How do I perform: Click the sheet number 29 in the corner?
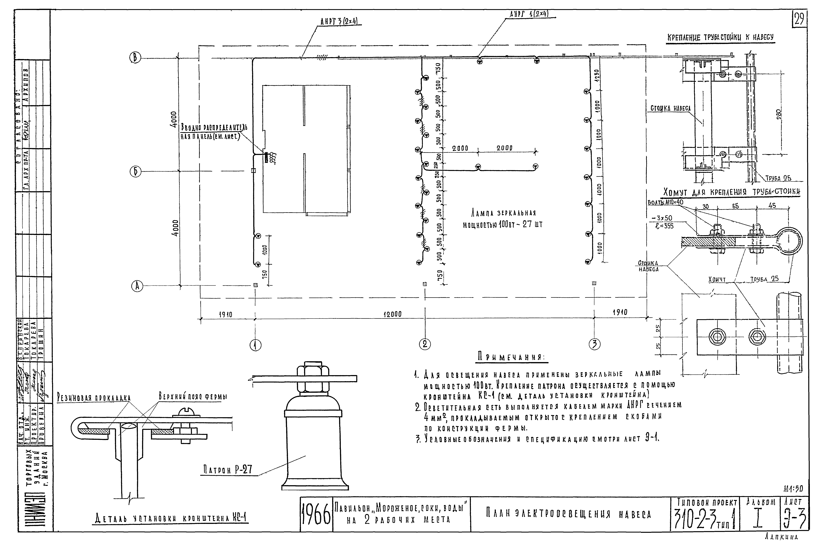(799, 20)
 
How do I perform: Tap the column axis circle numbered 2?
(425, 344)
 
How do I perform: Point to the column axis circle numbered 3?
(594, 345)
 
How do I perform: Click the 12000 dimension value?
(392, 314)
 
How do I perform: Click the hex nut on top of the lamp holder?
(313, 370)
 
